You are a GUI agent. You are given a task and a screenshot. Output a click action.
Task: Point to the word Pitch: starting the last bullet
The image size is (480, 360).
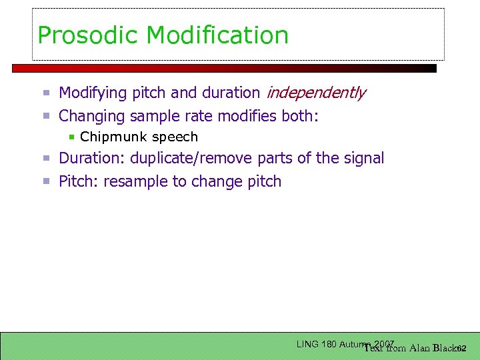tap(79, 181)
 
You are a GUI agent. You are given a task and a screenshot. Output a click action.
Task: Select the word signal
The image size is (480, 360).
tap(364, 159)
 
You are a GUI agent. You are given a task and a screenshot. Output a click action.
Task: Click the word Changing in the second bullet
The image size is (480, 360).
tap(92, 117)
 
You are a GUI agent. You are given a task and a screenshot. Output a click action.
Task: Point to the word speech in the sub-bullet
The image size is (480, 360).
tap(175, 137)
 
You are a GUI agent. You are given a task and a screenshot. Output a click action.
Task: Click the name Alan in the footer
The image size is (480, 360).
tap(420, 347)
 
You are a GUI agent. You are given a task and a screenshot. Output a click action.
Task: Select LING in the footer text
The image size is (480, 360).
tap(307, 344)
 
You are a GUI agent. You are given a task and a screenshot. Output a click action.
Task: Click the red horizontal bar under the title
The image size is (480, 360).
tap(224, 68)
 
